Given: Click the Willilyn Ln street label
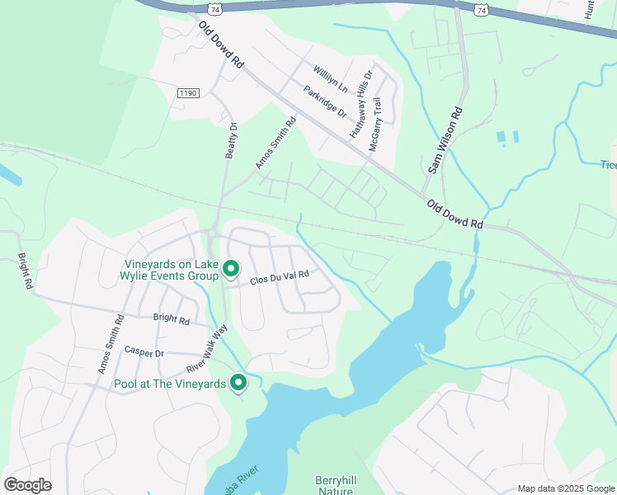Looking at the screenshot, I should click(x=330, y=79).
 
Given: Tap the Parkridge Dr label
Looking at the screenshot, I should click(x=323, y=102).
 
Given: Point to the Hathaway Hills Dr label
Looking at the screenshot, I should click(x=361, y=103).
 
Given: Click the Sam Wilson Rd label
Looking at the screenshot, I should click(x=445, y=139).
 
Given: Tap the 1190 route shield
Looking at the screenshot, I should click(x=188, y=94).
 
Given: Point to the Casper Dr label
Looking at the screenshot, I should click(x=144, y=351).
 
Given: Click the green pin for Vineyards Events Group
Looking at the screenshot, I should click(x=232, y=269).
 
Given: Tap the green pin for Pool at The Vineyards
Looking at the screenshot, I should click(x=239, y=383).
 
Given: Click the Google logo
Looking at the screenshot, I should click(x=27, y=485).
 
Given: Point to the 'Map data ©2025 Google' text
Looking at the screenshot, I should click(x=566, y=488).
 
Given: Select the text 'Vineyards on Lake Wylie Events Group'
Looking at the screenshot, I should click(x=165, y=271).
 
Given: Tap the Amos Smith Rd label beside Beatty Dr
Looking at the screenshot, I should click(x=276, y=143).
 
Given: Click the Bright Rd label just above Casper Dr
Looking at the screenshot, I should click(x=172, y=318).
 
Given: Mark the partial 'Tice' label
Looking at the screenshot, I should click(x=608, y=165).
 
